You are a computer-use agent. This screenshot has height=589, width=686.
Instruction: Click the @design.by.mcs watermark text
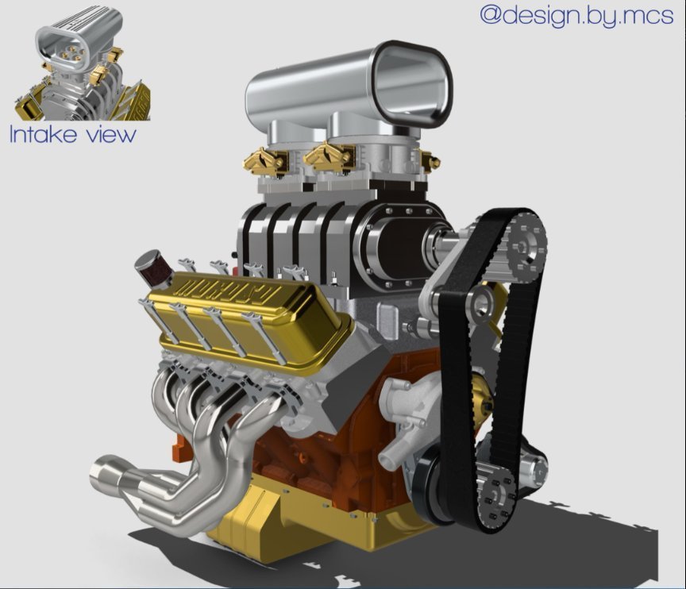(x=576, y=15)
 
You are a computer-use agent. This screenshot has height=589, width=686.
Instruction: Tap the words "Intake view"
(x=72, y=134)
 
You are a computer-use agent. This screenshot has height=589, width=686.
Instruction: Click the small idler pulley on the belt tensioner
(x=480, y=303)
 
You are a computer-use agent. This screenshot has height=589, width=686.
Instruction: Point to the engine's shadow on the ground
(x=588, y=548)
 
